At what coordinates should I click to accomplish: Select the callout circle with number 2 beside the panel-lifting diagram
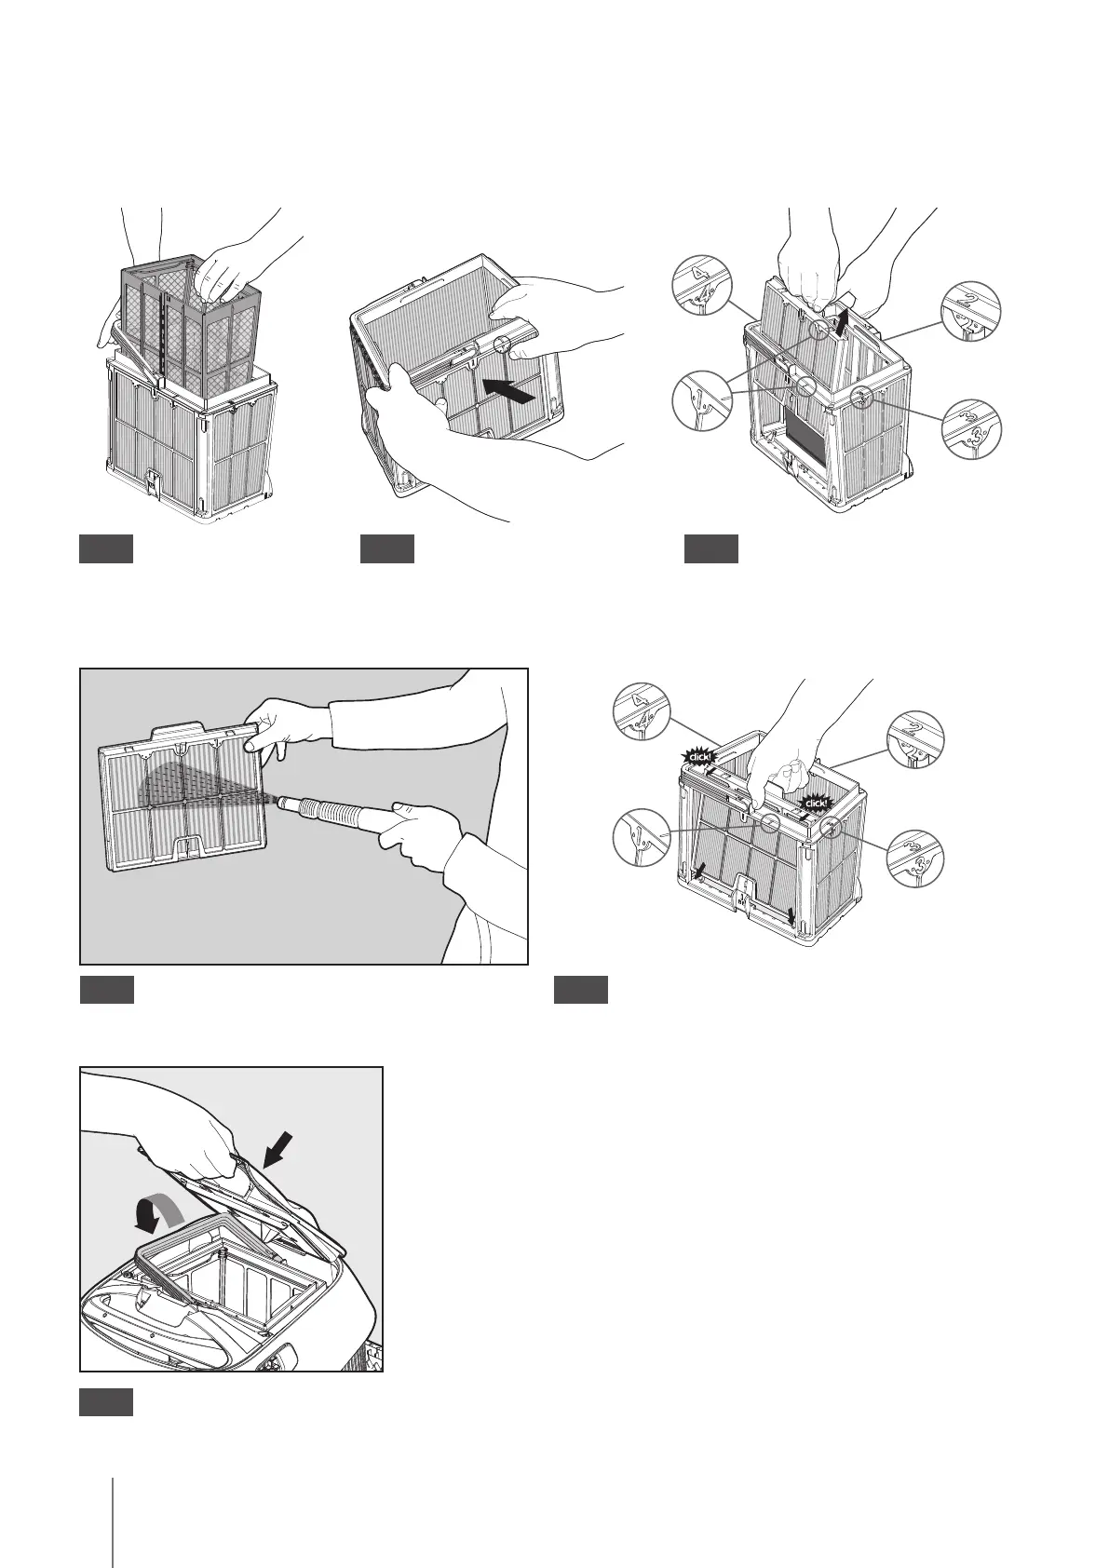[x=970, y=309]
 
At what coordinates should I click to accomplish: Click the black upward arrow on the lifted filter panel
[x=843, y=321]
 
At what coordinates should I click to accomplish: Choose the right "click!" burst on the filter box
[x=817, y=802]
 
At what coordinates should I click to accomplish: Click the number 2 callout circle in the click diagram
[x=915, y=740]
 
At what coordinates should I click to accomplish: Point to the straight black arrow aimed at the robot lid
[x=278, y=1153]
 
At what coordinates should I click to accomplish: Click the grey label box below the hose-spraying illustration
[x=106, y=990]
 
